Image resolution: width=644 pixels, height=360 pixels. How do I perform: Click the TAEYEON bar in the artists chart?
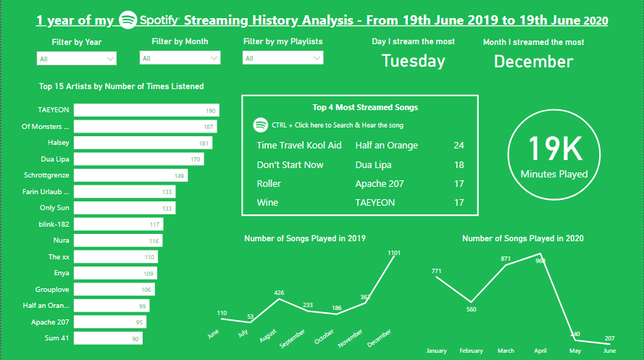click(x=146, y=110)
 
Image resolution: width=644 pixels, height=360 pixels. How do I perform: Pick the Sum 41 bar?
click(x=108, y=338)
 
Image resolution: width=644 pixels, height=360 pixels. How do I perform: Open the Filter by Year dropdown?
click(x=76, y=59)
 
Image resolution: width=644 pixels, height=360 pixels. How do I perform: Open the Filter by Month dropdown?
click(x=180, y=58)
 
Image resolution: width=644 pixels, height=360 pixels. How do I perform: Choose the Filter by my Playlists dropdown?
click(x=283, y=58)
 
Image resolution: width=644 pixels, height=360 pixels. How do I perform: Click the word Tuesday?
click(x=414, y=62)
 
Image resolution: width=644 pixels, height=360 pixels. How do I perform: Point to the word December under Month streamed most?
click(x=533, y=62)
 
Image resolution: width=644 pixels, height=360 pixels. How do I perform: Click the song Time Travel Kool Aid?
click(x=299, y=146)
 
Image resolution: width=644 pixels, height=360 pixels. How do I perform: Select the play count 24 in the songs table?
click(x=459, y=146)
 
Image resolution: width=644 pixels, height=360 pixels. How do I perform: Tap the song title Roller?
click(x=269, y=184)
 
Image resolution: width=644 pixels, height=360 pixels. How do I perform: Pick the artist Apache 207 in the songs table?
click(x=380, y=184)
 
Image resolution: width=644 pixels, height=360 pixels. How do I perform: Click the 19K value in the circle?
click(x=555, y=148)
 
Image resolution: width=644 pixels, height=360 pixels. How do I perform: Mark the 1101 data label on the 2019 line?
click(x=394, y=253)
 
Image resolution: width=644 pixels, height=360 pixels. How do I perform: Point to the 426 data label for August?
click(x=278, y=293)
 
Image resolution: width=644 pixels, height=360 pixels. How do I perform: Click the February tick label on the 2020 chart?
click(x=471, y=351)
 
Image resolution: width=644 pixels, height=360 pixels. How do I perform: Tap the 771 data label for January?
click(x=436, y=272)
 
